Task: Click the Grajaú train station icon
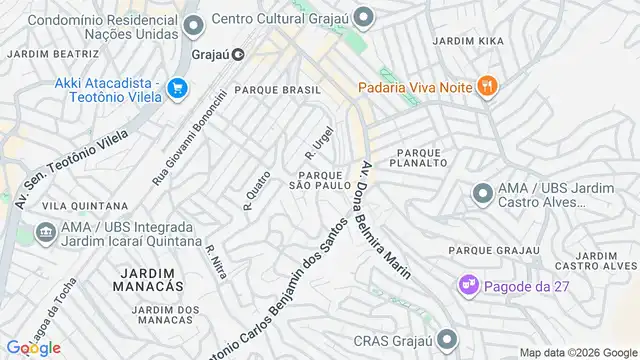pos(238,55)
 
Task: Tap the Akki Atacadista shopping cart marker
pos(178,88)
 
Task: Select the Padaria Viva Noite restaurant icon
pos(486,86)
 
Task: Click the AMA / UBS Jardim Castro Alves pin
pos(482,192)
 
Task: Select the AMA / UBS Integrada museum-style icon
pos(45,233)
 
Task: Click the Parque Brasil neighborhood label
pos(278,90)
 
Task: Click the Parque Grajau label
pos(488,249)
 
